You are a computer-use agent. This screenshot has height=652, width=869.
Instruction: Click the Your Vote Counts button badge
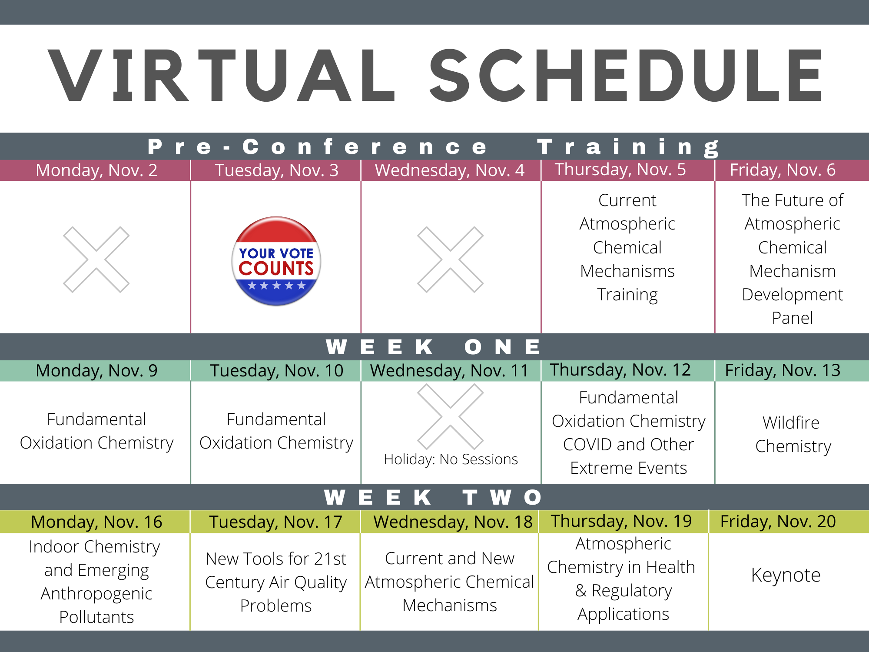276,261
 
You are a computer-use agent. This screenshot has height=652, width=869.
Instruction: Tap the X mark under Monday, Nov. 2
96,259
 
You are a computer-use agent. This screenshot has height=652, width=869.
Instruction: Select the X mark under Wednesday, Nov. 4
450,259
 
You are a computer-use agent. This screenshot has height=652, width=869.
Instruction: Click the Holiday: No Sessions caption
451,459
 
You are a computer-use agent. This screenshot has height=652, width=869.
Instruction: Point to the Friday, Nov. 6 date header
782,170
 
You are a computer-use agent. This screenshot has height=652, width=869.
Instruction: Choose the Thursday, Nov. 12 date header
620,370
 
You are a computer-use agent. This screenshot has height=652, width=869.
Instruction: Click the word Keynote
786,575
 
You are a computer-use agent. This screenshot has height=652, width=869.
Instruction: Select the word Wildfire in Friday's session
791,422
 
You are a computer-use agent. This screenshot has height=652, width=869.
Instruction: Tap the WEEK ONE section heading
434,347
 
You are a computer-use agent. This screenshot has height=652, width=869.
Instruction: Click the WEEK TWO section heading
434,497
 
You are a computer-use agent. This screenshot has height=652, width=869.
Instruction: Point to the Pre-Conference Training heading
434,146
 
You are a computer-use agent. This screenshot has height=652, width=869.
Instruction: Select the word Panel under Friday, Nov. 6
792,318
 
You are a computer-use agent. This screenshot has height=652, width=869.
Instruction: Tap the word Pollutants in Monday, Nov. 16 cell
96,617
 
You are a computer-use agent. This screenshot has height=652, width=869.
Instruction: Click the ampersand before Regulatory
581,591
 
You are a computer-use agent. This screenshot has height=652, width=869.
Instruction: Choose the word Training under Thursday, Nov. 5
627,295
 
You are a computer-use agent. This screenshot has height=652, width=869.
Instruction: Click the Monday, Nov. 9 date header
96,371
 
